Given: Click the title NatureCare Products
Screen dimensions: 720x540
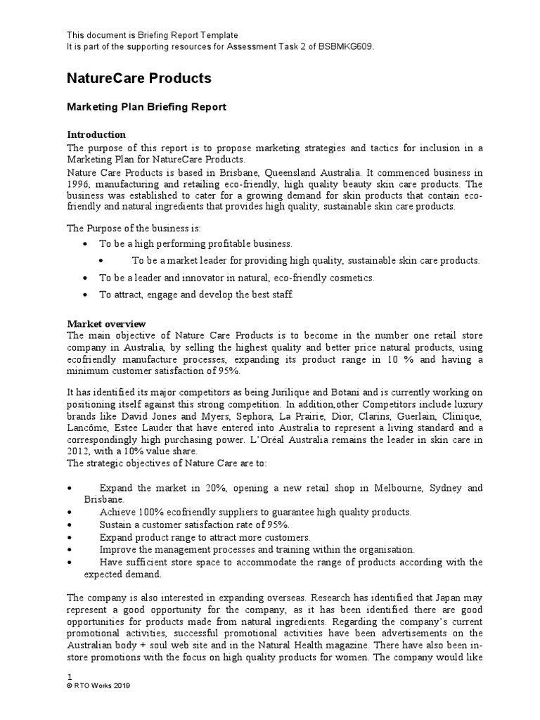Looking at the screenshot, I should click(139, 78).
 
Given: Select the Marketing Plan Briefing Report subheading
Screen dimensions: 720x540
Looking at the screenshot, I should click(146, 107).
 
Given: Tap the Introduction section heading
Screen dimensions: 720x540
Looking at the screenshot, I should click(96, 134).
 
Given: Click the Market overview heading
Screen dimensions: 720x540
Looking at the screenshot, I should click(106, 323).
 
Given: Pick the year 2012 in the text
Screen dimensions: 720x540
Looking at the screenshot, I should click(78, 451).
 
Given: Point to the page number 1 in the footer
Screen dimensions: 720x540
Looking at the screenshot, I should click(69, 676).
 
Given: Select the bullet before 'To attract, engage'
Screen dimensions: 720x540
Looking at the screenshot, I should click(85, 295).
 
